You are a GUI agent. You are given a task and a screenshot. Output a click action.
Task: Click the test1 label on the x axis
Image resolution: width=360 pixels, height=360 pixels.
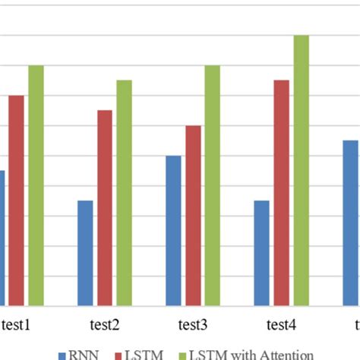tap(17, 325)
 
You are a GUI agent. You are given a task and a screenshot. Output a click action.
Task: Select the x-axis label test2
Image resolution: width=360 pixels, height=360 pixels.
tap(105, 325)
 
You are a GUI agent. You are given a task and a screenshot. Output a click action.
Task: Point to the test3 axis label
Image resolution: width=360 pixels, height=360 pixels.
tap(193, 325)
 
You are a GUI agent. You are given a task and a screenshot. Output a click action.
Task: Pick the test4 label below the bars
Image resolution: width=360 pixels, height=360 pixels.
tap(281, 325)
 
